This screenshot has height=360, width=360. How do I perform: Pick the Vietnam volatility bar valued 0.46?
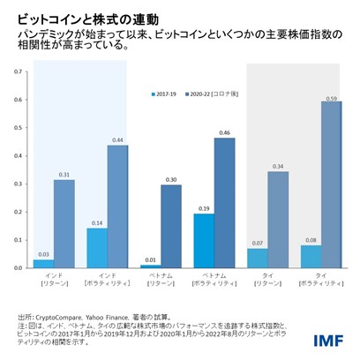coord(224,203)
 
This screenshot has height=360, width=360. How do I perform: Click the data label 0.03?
coord(43,255)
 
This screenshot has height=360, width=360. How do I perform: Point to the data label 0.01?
coord(150,259)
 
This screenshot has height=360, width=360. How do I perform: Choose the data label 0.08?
coord(310,241)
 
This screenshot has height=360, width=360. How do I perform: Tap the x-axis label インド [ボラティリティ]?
coord(107,280)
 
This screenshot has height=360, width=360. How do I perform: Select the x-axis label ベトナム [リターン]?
coord(161,280)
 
